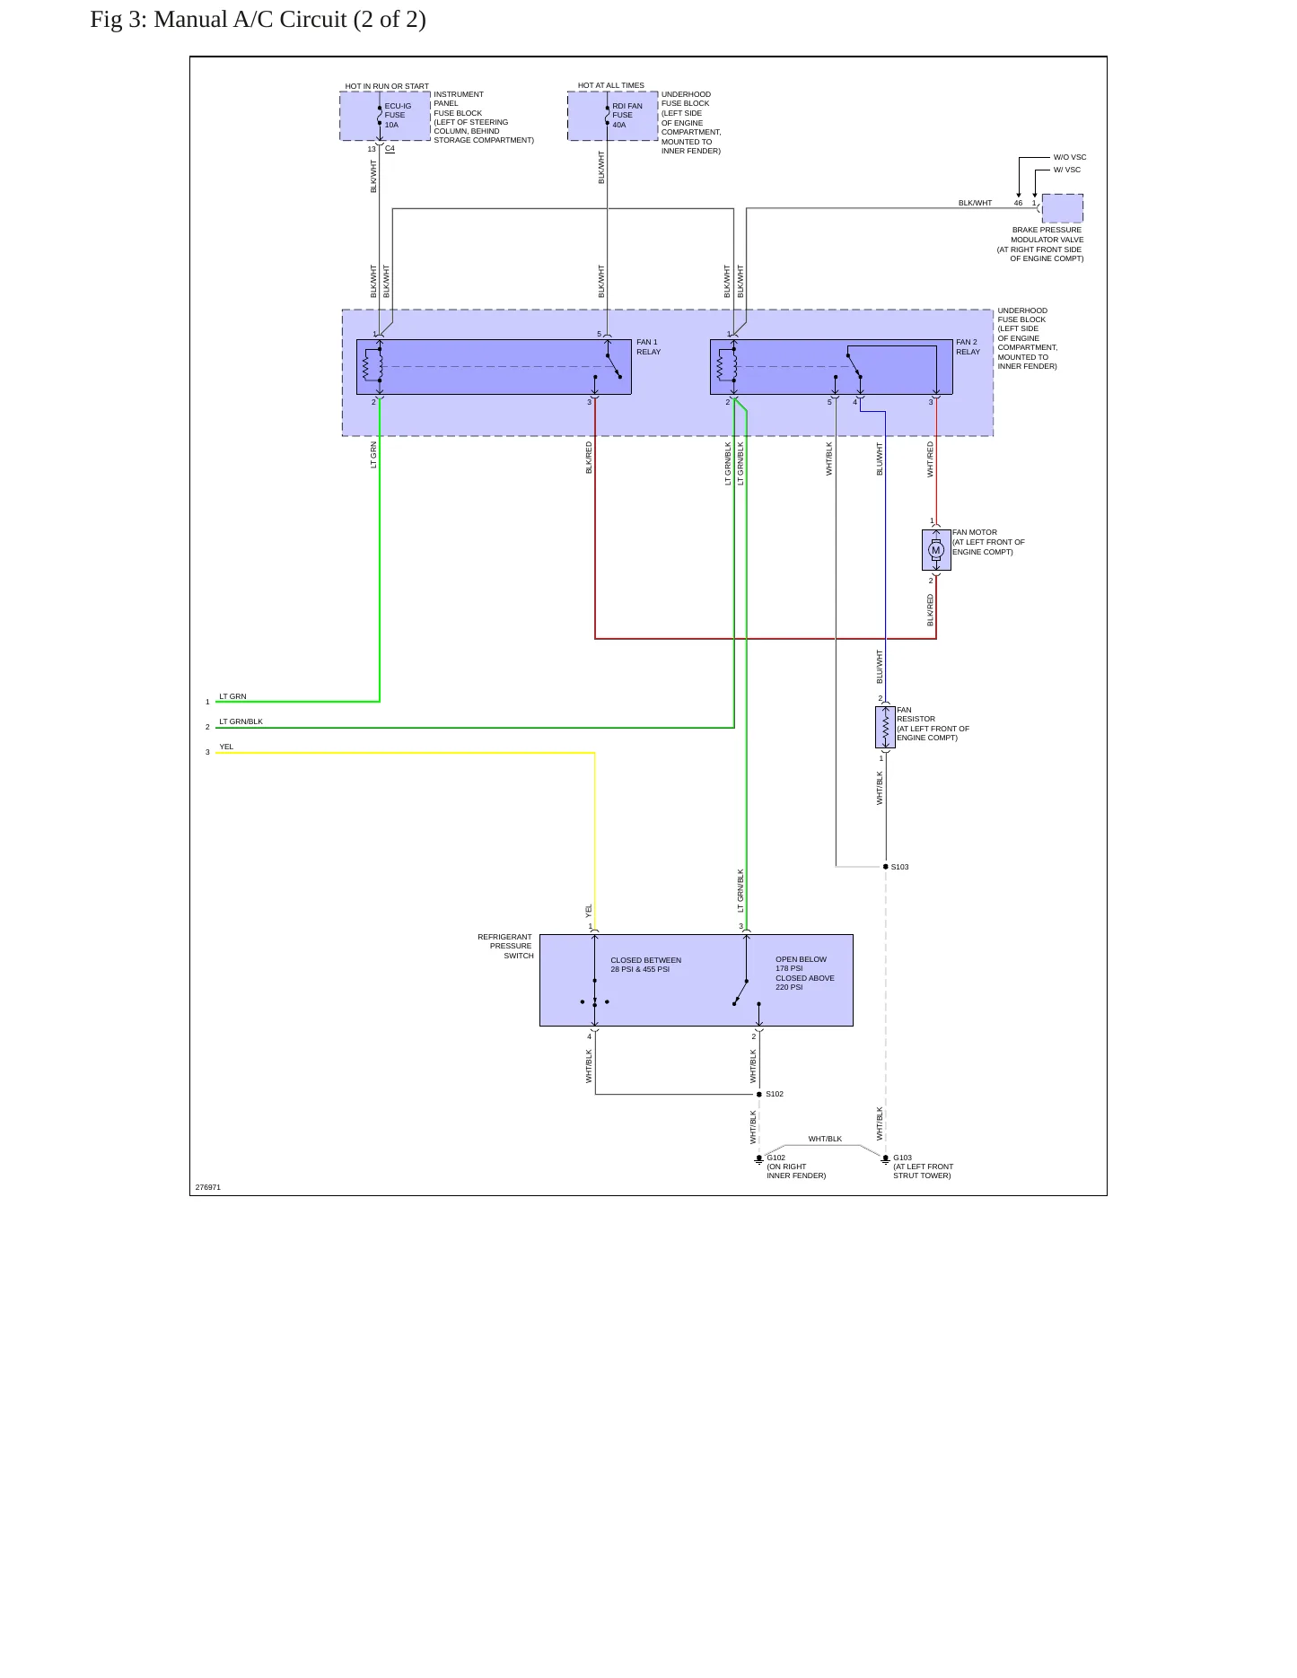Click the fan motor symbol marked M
coord(936,550)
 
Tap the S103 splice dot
coord(886,867)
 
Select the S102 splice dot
coord(759,1095)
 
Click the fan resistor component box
coord(885,728)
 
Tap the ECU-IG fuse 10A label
coord(398,116)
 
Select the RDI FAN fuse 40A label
coord(627,116)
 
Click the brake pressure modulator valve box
coord(1063,208)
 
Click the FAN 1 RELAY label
coord(648,347)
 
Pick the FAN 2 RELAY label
coord(968,347)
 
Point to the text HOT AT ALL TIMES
coord(611,85)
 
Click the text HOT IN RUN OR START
coord(387,86)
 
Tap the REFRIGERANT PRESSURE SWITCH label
coord(505,947)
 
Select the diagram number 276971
coord(208,1187)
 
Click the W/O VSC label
coord(1070,157)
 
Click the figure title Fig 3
coord(259,20)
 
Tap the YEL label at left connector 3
coord(226,747)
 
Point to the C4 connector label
coord(390,149)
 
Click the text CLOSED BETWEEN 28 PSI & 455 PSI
coord(646,965)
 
